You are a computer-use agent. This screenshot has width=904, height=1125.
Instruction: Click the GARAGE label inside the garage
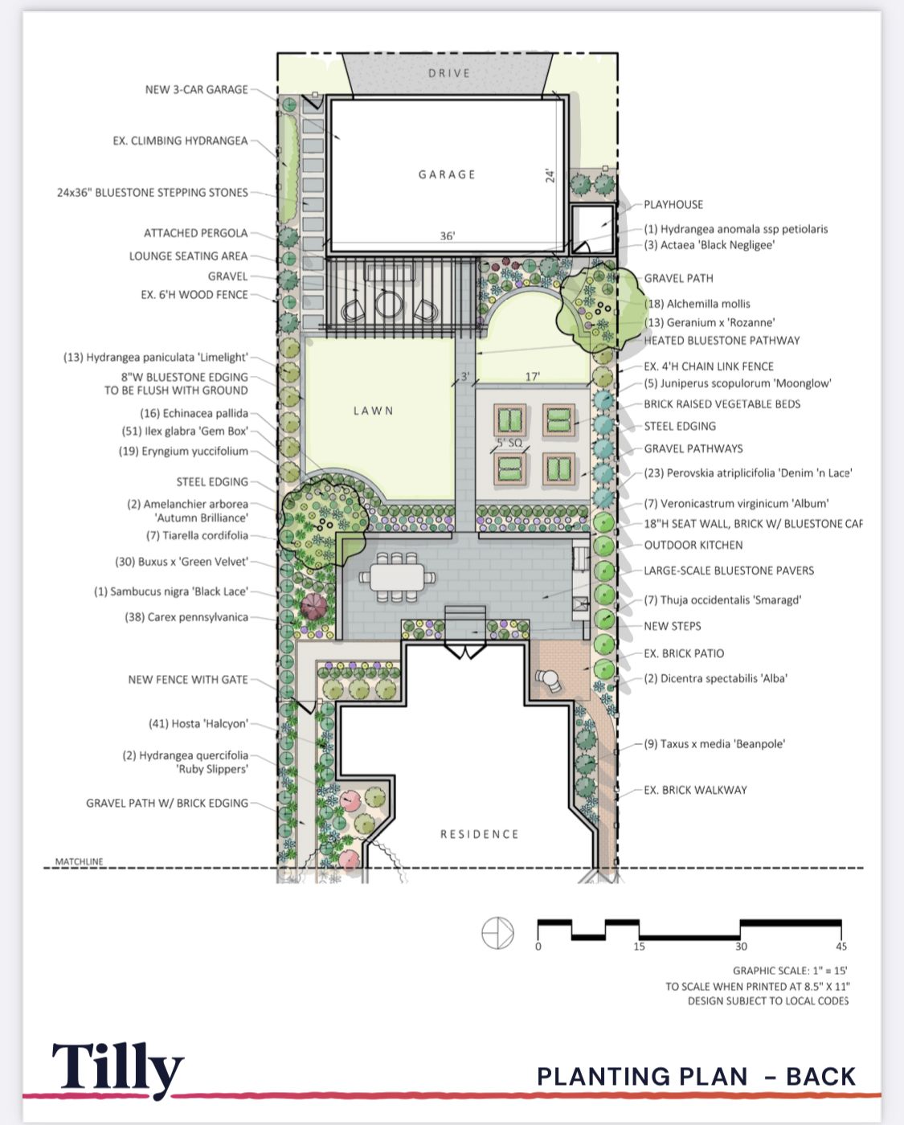(447, 174)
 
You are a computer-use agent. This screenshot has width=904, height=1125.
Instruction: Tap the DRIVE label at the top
(448, 73)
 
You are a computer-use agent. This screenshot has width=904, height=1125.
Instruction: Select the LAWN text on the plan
(374, 411)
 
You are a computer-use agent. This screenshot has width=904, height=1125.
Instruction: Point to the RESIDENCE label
(479, 834)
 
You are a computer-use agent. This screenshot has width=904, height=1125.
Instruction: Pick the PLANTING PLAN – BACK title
(696, 1076)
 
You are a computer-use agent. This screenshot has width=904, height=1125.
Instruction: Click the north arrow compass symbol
(497, 933)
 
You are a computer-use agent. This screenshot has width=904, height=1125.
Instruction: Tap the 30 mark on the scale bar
(741, 947)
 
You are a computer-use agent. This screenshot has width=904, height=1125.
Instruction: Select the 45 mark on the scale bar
(841, 947)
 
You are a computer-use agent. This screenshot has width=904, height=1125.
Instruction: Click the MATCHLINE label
(79, 861)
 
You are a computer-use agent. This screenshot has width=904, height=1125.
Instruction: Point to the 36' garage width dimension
(447, 236)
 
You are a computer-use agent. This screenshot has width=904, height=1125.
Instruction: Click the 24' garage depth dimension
(550, 175)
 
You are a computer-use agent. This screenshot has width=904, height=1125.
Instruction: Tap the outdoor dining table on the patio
(397, 577)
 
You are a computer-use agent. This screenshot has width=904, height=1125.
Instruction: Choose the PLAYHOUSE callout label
(673, 205)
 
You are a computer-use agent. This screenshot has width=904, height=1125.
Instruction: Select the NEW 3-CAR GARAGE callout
(196, 90)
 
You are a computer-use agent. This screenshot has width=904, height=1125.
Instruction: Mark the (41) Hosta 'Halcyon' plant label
(198, 723)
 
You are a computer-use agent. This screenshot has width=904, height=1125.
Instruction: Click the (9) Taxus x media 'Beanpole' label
(714, 744)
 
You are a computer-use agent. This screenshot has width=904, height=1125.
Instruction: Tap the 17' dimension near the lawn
(532, 376)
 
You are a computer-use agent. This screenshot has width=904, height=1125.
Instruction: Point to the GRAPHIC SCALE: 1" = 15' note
(790, 971)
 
